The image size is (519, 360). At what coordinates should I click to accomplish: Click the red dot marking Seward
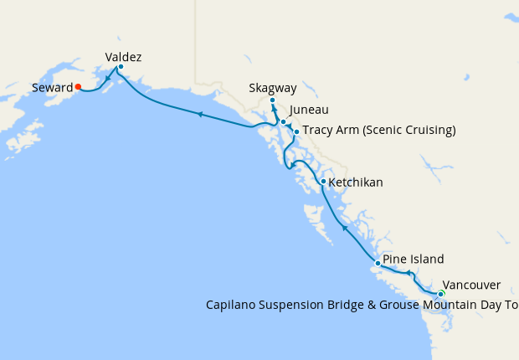pos(78,86)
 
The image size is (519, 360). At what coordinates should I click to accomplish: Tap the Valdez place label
pos(123,57)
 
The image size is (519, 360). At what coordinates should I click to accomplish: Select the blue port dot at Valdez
pos(121,67)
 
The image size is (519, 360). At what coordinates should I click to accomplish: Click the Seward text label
pos(52,87)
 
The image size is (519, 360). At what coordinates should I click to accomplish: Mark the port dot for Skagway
pos(272,101)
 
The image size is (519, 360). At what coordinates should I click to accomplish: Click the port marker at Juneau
pos(284,122)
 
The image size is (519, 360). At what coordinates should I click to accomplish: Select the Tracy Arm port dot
pos(296,131)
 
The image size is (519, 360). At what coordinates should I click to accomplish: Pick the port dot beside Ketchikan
pos(323,181)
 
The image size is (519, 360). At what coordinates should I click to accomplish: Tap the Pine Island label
pos(413,259)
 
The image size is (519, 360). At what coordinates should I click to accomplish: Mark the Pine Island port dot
pos(378,264)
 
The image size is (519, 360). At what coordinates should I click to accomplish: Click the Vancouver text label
pos(471,285)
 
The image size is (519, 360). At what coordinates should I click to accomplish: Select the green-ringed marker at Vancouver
pos(441,294)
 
